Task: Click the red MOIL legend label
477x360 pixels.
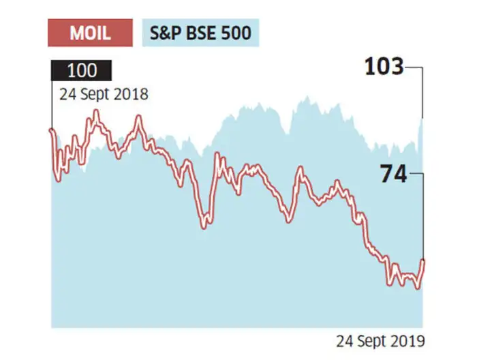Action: click(x=91, y=33)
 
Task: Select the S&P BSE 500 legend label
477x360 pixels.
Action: click(x=200, y=33)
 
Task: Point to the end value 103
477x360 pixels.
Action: click(x=384, y=67)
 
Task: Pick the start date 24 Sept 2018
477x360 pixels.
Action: click(x=99, y=94)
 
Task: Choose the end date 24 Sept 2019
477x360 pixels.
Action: click(x=381, y=340)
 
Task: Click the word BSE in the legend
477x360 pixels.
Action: click(x=203, y=33)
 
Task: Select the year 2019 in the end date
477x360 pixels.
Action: click(x=411, y=340)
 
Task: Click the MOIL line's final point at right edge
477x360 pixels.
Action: click(x=422, y=260)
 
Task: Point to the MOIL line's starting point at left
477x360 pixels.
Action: click(x=52, y=130)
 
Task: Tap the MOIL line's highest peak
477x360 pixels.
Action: click(x=95, y=112)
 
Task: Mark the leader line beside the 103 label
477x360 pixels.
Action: click(x=417, y=68)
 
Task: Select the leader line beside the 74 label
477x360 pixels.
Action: click(x=417, y=175)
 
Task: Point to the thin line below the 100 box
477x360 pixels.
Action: click(x=52, y=102)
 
